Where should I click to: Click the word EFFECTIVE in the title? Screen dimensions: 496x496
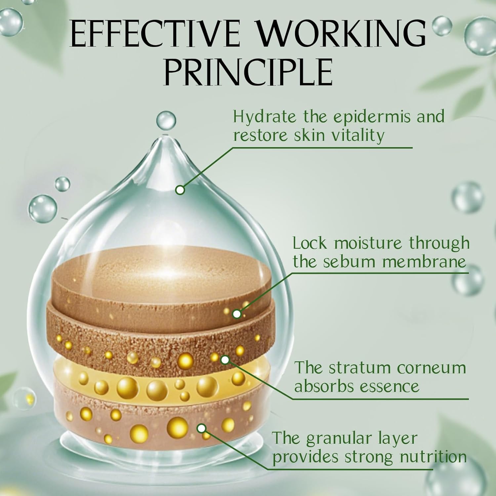154,35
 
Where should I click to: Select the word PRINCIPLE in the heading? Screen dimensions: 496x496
248,72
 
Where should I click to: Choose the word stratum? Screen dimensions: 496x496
357,368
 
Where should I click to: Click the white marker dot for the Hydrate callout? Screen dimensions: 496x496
180,190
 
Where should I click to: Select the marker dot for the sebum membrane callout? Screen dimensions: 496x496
237,314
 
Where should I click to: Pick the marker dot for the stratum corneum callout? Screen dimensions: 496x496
225,360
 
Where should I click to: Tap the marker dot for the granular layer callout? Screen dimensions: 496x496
201,429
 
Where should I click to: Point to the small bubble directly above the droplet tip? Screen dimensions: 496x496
166,120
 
